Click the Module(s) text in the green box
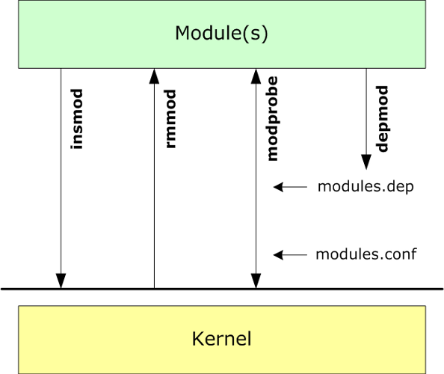click(221, 34)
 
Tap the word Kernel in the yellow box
click(222, 339)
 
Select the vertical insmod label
click(77, 119)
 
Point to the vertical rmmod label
click(170, 119)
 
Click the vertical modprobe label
click(273, 119)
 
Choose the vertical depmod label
click(382, 119)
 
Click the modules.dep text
click(366, 187)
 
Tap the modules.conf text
click(366, 254)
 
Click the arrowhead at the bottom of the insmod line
click(61, 281)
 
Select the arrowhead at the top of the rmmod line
click(154, 76)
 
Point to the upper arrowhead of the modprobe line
click(256, 76)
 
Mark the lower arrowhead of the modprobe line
click(256, 281)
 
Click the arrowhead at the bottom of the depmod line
click(366, 162)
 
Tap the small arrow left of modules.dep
click(290, 187)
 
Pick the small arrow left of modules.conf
click(290, 255)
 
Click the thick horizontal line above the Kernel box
click(222, 289)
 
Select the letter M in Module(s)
click(182, 33)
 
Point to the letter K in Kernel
click(198, 338)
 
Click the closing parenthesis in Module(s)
click(265, 34)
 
